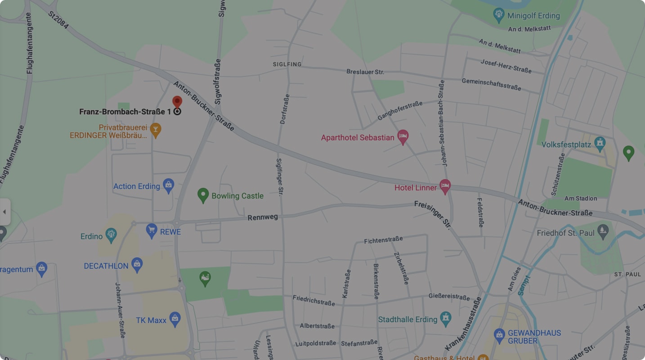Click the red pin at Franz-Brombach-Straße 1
tap(177, 101)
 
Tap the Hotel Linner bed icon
tap(445, 186)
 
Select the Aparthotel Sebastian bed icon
tap(403, 137)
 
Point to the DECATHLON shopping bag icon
tap(137, 265)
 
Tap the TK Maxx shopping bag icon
tap(175, 319)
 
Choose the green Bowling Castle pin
tap(203, 195)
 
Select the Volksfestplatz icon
tap(599, 144)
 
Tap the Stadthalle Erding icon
tap(446, 319)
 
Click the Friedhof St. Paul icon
tap(603, 232)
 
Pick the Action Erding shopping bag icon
tap(169, 185)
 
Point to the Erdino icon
tap(111, 235)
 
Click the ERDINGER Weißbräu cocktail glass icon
tap(155, 130)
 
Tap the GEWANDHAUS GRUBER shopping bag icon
tap(499, 335)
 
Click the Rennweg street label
tap(263, 217)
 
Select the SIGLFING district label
tap(287, 64)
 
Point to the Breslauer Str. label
tap(365, 72)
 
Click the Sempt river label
tap(524, 285)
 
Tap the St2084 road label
tap(58, 20)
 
